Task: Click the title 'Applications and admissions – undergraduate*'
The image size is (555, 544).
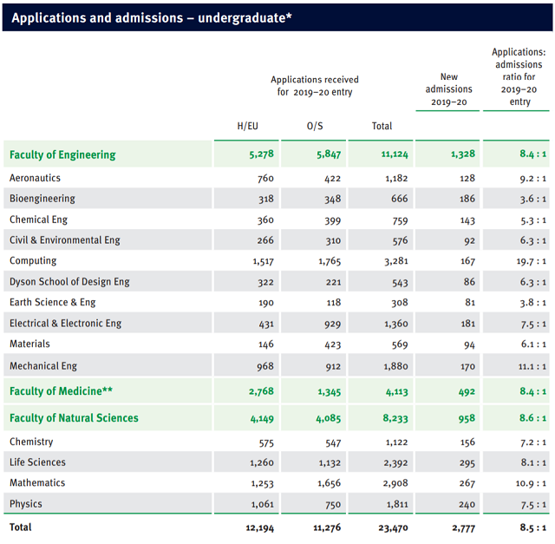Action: coord(152,17)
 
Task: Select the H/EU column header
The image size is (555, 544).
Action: coord(247,126)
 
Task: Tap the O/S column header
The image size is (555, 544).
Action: coord(315,126)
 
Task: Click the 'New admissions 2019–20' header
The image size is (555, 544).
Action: coord(448,89)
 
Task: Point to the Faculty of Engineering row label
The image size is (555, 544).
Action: coord(62,154)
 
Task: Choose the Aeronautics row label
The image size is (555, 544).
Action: coord(35,178)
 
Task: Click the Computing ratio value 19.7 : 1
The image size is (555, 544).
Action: coord(531,261)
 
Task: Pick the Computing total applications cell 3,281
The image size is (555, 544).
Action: coord(396,261)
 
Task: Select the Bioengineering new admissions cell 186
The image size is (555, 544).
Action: coord(467,199)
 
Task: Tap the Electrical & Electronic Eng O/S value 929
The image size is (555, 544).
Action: coord(333,324)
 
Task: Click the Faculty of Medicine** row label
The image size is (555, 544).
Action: coord(61,391)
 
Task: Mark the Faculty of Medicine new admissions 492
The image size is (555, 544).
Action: coord(467,391)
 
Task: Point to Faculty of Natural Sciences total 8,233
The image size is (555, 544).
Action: coord(395,418)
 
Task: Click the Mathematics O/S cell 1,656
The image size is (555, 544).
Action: coord(330,483)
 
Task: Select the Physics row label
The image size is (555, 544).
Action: coord(26,503)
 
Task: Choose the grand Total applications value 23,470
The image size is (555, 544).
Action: coord(393,528)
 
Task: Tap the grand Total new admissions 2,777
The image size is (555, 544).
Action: coord(464,528)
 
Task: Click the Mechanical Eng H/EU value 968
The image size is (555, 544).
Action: coord(265,366)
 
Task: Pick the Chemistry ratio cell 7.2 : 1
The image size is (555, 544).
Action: coord(533,442)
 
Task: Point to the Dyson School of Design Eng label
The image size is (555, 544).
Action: coord(69,282)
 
